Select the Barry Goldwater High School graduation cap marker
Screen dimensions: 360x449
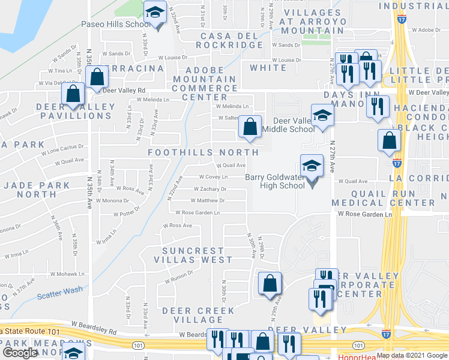coord(312,167)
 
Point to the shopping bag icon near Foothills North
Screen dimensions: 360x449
coord(250,127)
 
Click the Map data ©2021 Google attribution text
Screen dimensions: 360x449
coord(412,355)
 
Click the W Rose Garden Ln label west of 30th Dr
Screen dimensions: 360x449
coord(197,212)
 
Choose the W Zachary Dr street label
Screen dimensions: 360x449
coord(209,189)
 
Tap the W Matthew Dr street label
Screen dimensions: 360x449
coord(209,200)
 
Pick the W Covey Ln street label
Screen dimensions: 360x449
coord(213,177)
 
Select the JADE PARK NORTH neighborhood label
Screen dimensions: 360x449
coord(37,190)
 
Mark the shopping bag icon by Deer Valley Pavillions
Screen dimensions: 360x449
coord(73,95)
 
